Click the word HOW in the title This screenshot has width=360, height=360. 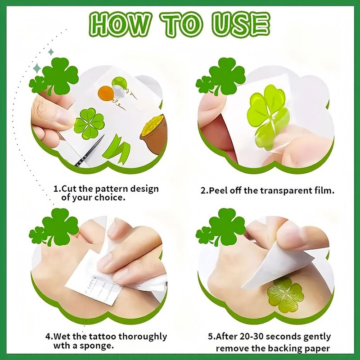[119, 25]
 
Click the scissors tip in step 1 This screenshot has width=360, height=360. [103, 136]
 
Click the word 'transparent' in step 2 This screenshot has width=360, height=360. [286, 191]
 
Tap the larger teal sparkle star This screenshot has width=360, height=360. [37, 68]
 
